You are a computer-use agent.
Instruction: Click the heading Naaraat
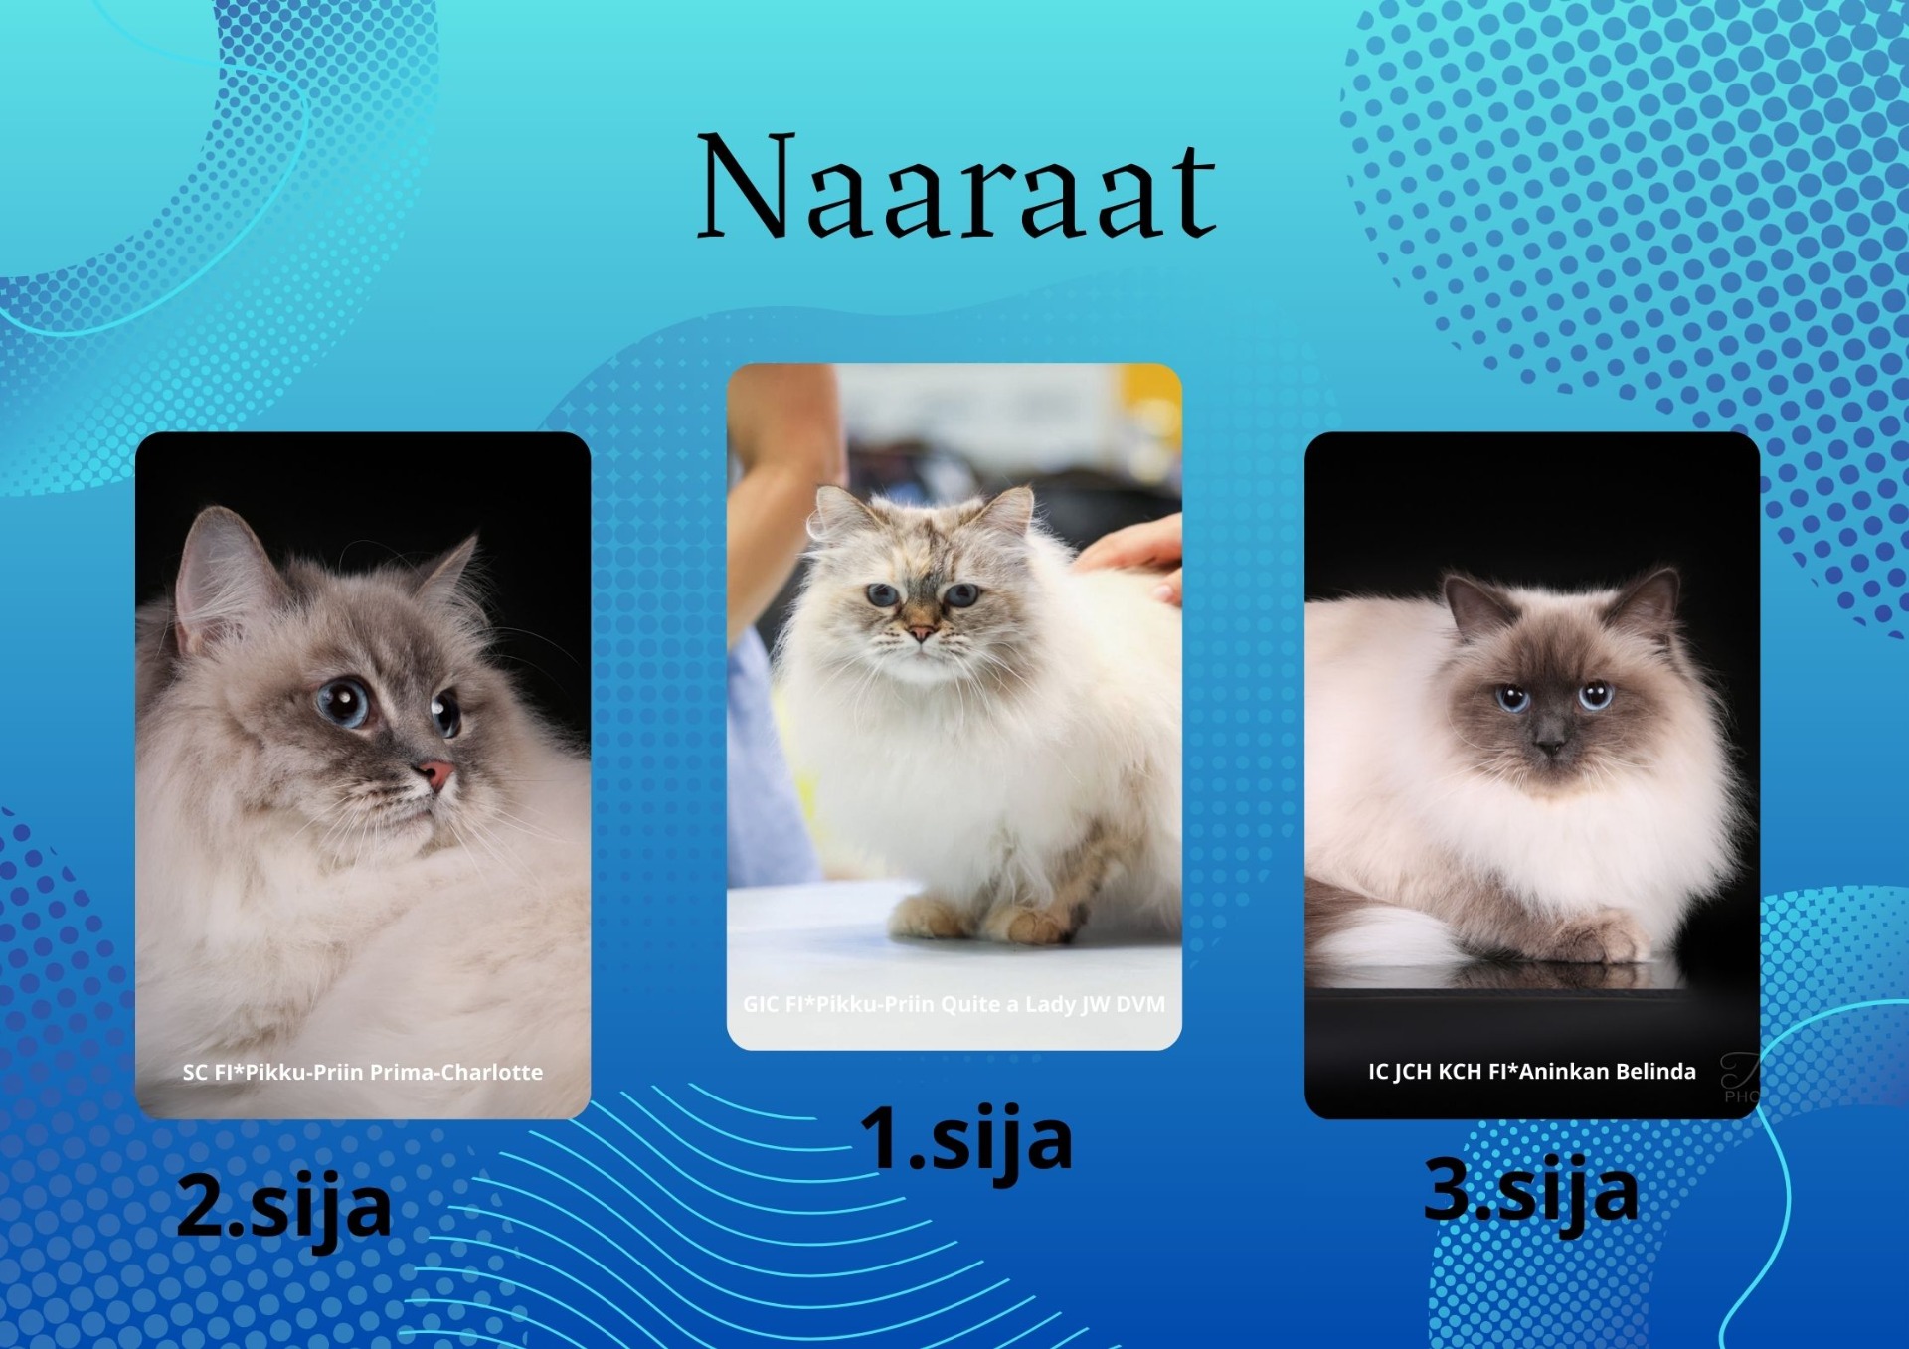(956, 186)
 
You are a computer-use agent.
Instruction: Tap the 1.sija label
(965, 1140)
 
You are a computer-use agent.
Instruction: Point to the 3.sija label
(1531, 1191)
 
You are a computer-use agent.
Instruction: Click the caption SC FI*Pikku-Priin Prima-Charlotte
(363, 1072)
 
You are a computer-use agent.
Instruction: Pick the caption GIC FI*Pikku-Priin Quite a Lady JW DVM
(954, 1004)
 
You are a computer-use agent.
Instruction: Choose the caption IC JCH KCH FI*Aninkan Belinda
(1532, 1071)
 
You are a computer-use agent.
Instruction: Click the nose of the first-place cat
(921, 631)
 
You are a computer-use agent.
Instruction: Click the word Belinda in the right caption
(1655, 1071)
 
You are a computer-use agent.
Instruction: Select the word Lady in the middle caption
(1049, 1004)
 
